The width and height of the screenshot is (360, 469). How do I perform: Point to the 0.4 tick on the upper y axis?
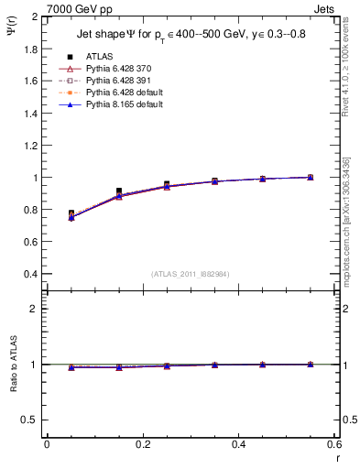30,274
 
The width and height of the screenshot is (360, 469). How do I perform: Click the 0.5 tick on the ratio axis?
30,420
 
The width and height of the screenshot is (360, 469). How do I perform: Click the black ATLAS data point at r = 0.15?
119,191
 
